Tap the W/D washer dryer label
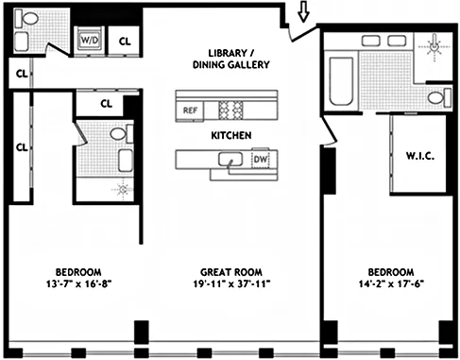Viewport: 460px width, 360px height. pos(90,41)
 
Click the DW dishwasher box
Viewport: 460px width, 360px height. pos(261,161)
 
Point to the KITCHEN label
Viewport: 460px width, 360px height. pos(230,136)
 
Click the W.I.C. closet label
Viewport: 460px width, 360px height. pos(418,155)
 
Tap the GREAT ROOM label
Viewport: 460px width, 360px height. pos(229,268)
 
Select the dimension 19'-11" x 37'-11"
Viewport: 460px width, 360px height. pos(229,282)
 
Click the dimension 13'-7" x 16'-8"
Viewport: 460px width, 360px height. pos(72,282)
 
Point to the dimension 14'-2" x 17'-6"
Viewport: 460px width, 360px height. pos(391,282)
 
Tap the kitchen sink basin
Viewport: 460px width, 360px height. pos(231,162)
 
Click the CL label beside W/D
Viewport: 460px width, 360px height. pos(125,41)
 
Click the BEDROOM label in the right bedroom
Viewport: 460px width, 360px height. pos(391,268)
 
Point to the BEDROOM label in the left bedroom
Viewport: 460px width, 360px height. pos(72,268)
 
